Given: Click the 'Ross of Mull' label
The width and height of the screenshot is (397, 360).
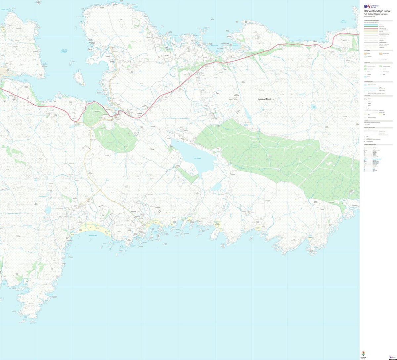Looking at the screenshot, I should (264, 99).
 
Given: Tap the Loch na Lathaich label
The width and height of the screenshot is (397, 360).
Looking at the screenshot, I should (64, 51).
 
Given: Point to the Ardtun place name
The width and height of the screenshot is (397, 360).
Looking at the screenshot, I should (167, 56).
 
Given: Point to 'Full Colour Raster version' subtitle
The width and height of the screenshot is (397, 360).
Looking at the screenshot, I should (375, 14).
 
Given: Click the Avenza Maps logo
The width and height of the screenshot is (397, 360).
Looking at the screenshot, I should (364, 354).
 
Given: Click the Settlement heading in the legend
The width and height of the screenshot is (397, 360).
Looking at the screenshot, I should (367, 50).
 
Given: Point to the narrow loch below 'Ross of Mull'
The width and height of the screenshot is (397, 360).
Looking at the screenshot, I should (247, 115).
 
